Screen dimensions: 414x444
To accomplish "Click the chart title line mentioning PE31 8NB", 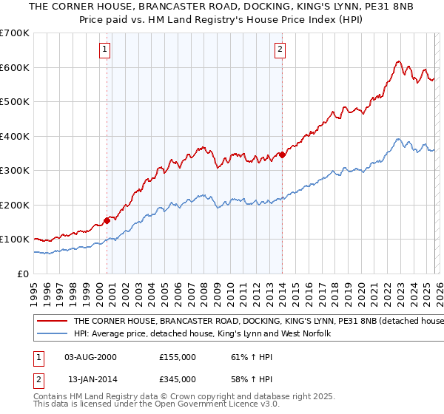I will point(222,7).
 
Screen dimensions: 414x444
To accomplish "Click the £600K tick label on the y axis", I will point(15,67).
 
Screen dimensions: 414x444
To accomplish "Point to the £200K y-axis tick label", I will point(15,205).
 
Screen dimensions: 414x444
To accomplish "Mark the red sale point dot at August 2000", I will point(107,220).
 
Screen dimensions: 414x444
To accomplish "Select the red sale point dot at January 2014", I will point(283,155).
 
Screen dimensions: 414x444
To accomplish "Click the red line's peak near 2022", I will point(398,61).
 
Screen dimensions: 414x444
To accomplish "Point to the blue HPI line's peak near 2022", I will point(398,138).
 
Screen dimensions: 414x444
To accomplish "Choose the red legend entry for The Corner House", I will point(252,322).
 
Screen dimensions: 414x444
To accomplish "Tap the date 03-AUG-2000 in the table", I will point(91,357).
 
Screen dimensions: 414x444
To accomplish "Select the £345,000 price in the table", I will point(178,379).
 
